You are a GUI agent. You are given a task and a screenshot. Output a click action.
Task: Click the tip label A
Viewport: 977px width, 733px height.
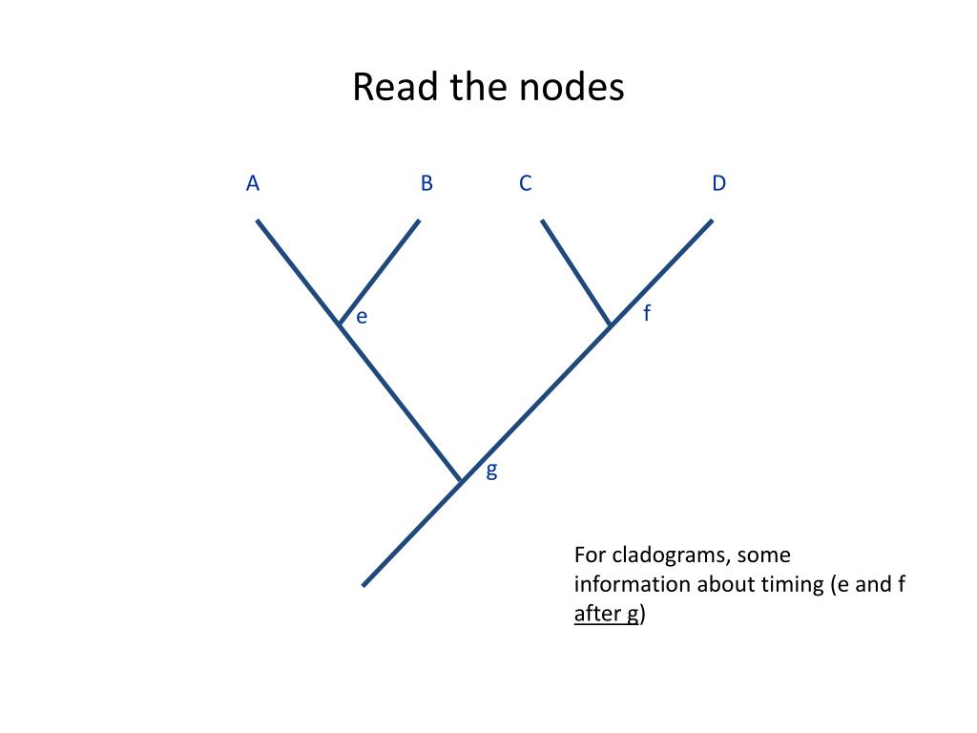(x=253, y=183)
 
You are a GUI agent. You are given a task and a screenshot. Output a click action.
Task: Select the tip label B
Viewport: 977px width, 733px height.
(x=426, y=183)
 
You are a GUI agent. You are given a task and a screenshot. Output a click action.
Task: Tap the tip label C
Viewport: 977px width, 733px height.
(x=526, y=183)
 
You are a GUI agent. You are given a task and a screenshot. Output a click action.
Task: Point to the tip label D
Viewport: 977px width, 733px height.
(x=718, y=183)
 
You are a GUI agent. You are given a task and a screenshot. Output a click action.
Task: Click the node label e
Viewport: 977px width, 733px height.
(x=362, y=317)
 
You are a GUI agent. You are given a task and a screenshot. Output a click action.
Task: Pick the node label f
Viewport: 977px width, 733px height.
(x=647, y=312)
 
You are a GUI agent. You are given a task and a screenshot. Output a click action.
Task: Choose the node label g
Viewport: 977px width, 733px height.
(x=491, y=470)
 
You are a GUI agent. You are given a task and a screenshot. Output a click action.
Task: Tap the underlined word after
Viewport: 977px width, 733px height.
(x=595, y=614)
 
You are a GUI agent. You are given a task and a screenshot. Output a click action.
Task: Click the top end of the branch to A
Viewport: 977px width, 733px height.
(x=257, y=221)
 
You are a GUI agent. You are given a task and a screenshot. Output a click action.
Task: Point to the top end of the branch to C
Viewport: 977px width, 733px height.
(x=543, y=221)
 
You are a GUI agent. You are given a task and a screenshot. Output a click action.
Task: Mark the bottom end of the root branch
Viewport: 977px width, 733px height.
(x=364, y=584)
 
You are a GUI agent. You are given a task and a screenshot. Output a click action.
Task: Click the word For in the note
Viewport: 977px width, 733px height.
(x=590, y=555)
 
